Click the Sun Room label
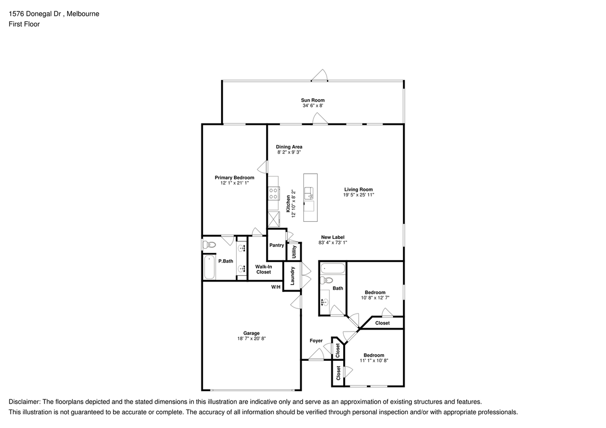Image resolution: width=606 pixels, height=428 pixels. pyautogui.click(x=313, y=100)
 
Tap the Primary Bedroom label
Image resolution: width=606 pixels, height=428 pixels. pyautogui.click(x=234, y=177)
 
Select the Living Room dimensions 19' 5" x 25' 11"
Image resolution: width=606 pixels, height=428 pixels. pyautogui.click(x=358, y=195)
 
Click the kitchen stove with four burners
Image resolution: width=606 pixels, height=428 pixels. pyautogui.click(x=274, y=193)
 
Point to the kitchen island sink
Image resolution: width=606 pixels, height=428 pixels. pyautogui.click(x=309, y=193)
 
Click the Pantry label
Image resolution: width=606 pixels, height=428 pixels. pyautogui.click(x=276, y=245)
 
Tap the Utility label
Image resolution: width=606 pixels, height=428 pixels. pyautogui.click(x=294, y=252)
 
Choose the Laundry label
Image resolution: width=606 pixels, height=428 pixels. pyautogui.click(x=292, y=276)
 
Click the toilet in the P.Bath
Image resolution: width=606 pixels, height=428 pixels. pyautogui.click(x=209, y=245)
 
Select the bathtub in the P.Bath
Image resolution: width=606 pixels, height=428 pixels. pyautogui.click(x=209, y=267)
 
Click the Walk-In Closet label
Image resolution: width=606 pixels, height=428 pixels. pyautogui.click(x=264, y=270)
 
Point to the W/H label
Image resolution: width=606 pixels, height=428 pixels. pyautogui.click(x=276, y=287)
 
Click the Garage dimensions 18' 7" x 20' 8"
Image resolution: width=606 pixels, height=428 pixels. pyautogui.click(x=251, y=339)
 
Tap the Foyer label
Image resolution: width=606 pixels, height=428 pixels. pyautogui.click(x=316, y=341)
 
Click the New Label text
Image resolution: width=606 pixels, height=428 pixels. pyautogui.click(x=333, y=237)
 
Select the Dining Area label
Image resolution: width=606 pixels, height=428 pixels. pyautogui.click(x=289, y=147)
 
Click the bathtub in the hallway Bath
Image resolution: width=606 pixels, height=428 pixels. pyautogui.click(x=333, y=269)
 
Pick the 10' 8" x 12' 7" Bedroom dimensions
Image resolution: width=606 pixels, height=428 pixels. pyautogui.click(x=375, y=298)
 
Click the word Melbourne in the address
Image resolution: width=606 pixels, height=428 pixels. pyautogui.click(x=83, y=14)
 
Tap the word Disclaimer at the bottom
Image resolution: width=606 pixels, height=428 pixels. pyautogui.click(x=24, y=402)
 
